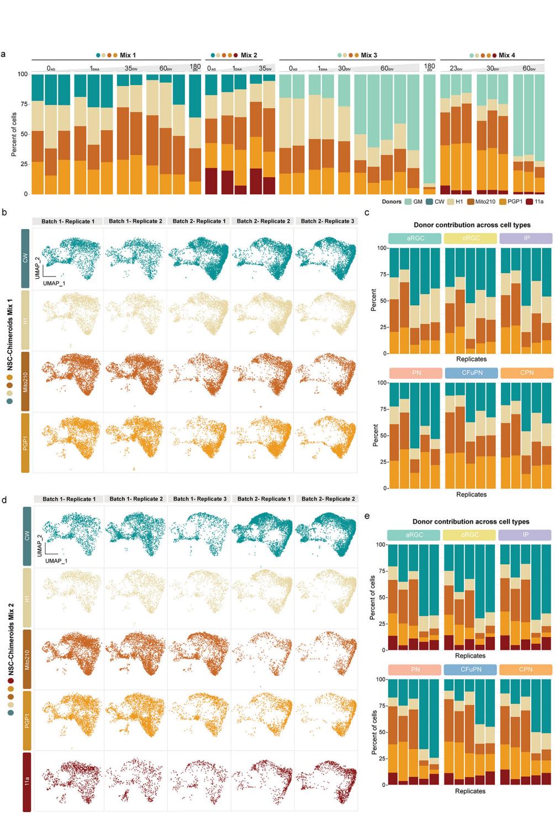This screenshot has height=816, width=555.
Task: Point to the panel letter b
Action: (4, 211)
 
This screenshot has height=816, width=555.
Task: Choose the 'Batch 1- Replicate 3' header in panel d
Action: (199, 499)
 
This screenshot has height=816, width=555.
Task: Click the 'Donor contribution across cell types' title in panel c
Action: (471, 225)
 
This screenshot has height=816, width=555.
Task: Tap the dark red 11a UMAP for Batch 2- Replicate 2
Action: (326, 781)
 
